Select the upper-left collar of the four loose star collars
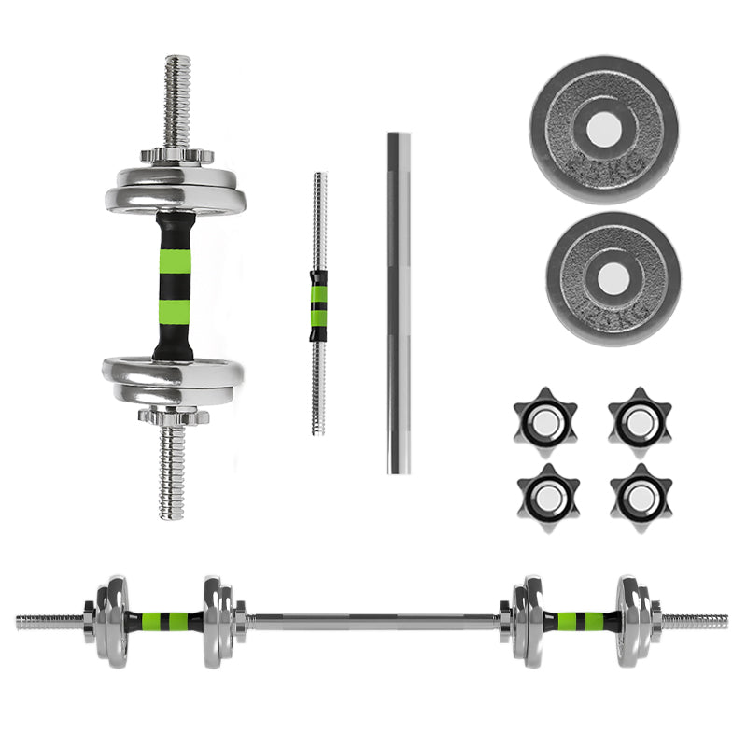point(545,421)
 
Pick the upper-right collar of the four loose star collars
point(640,421)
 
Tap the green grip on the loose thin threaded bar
point(319,304)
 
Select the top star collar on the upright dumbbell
point(177,155)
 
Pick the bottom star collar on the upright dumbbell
point(173,415)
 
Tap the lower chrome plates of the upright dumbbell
point(173,378)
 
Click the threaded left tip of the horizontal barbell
point(47,620)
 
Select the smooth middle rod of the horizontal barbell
point(373,620)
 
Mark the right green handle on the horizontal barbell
point(579,620)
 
